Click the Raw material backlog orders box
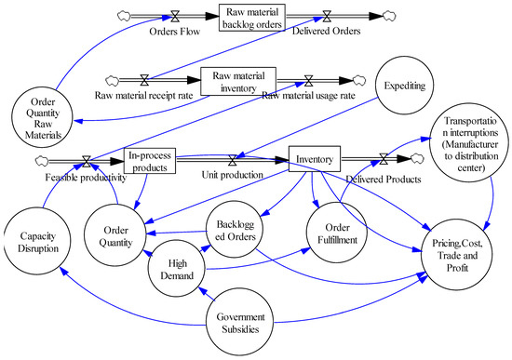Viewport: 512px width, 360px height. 253,17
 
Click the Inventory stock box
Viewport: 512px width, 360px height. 317,159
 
